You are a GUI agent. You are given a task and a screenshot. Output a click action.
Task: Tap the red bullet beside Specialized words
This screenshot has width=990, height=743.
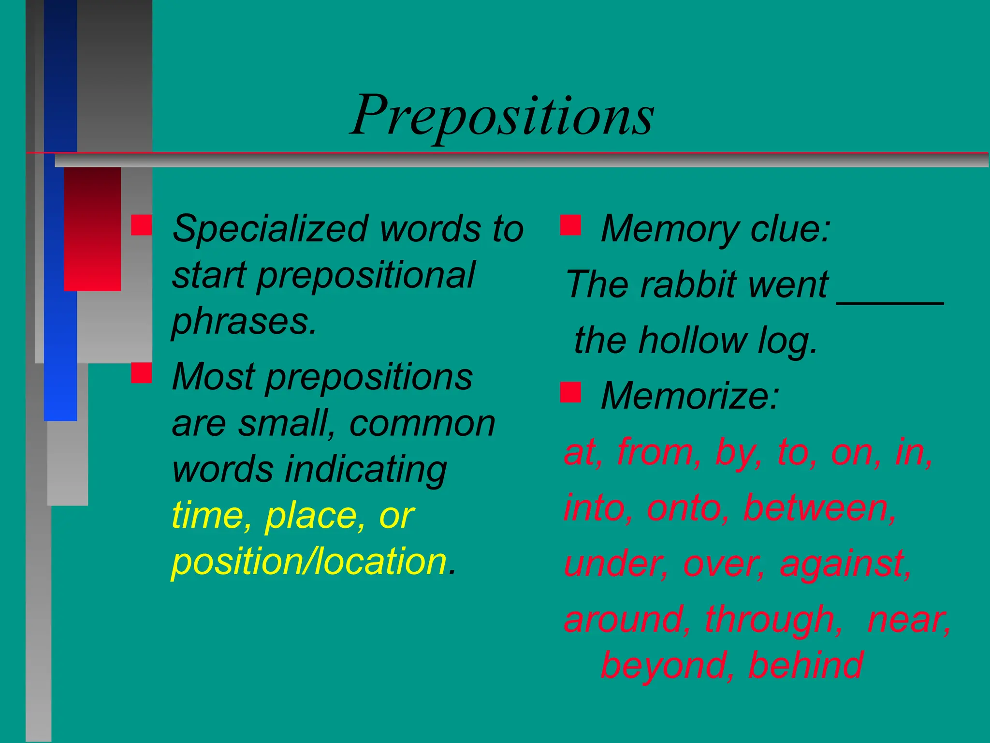(x=141, y=225)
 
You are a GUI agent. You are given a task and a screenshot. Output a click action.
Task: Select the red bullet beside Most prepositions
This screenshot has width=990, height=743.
(x=141, y=373)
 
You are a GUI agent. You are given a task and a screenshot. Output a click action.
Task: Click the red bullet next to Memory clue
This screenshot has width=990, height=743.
(x=570, y=225)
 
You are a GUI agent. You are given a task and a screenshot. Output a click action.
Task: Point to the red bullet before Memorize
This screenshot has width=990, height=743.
(x=570, y=392)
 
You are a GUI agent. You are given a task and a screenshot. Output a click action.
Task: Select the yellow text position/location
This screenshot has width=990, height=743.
(x=309, y=562)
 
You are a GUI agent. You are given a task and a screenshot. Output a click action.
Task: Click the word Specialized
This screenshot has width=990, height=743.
(x=271, y=228)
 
